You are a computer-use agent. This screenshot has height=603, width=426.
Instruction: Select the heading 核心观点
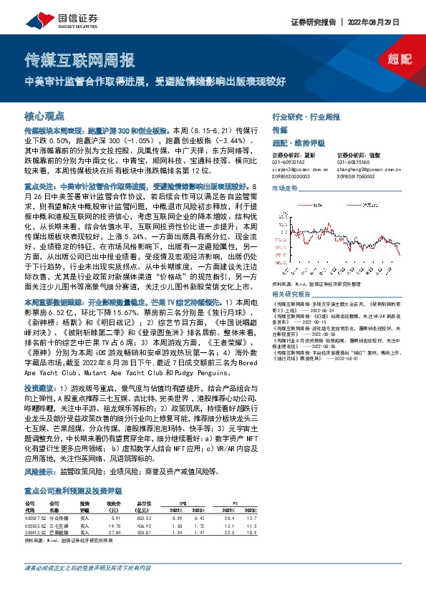tap(44, 115)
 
